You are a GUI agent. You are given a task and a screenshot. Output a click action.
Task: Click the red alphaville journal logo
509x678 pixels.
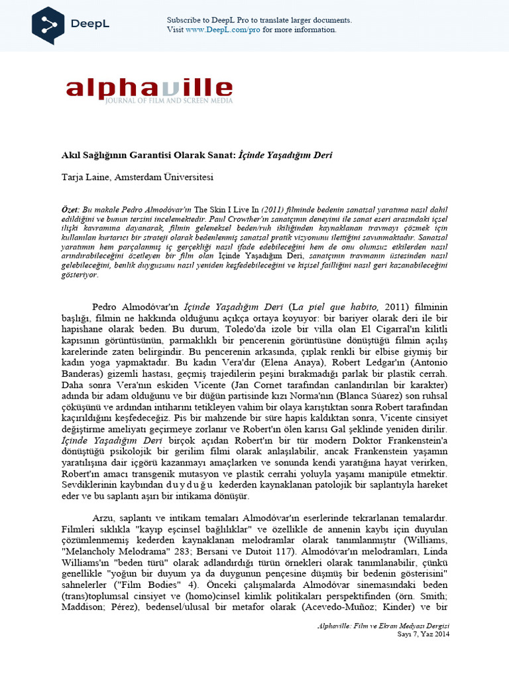tap(149, 89)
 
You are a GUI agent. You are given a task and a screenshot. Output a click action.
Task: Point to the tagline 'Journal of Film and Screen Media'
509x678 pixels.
tap(174, 101)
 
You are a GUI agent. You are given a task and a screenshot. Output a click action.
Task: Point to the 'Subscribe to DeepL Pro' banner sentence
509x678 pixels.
tap(259, 21)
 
